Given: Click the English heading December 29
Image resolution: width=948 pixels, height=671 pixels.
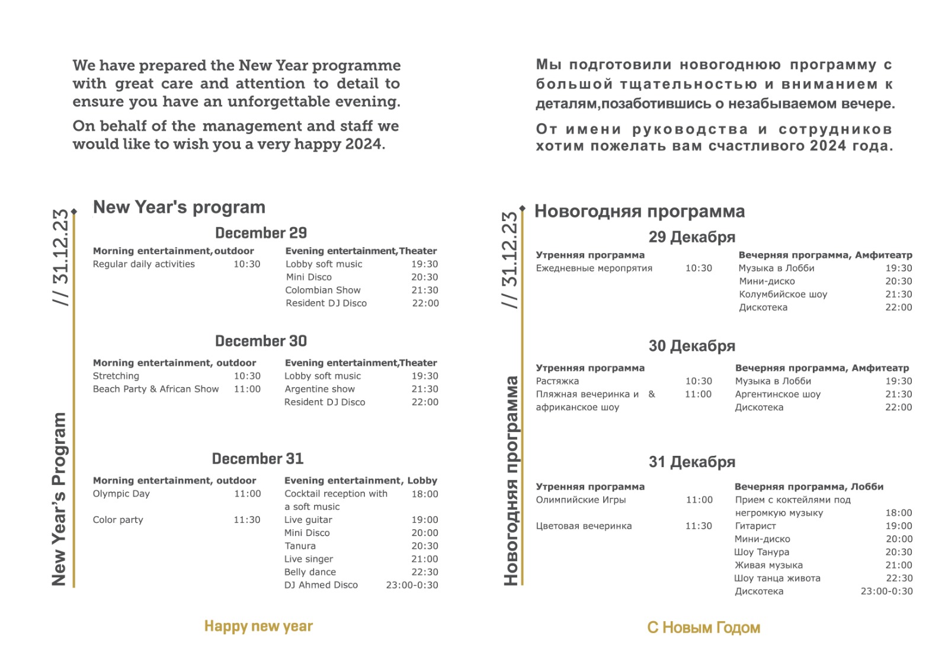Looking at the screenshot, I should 261,233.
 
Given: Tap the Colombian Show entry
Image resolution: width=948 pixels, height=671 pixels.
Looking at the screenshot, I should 323,290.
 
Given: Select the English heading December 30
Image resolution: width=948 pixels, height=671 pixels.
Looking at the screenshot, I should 261,341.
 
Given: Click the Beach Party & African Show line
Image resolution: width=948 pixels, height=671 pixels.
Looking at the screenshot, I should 156,389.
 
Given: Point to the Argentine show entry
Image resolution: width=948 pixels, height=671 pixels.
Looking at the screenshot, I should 319,389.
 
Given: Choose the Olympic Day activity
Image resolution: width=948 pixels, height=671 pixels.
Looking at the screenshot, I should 121,494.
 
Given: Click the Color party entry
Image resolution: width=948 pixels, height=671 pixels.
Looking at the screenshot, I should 118,520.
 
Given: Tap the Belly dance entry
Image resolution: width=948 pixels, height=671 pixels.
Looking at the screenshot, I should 310,572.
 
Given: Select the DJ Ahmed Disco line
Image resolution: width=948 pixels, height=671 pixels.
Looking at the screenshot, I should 321,585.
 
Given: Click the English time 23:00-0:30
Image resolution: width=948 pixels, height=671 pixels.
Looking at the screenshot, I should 412,585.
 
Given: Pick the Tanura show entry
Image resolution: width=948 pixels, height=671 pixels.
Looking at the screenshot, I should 300,546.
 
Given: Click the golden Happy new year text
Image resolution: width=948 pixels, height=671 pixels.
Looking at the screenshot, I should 258,627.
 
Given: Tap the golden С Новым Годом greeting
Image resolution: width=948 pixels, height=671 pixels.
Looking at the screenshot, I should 703,628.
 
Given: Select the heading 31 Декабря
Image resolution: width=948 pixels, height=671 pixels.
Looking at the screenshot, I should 691,462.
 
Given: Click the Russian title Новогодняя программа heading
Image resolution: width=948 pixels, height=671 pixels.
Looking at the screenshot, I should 639,212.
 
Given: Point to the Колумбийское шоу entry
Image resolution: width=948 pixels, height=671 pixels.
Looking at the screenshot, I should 783,294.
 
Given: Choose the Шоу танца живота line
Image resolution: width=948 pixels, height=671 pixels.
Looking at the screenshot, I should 777,578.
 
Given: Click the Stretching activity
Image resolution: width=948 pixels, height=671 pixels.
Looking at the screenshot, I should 116,376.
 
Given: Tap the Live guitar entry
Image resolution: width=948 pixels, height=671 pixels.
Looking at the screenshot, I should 308,520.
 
